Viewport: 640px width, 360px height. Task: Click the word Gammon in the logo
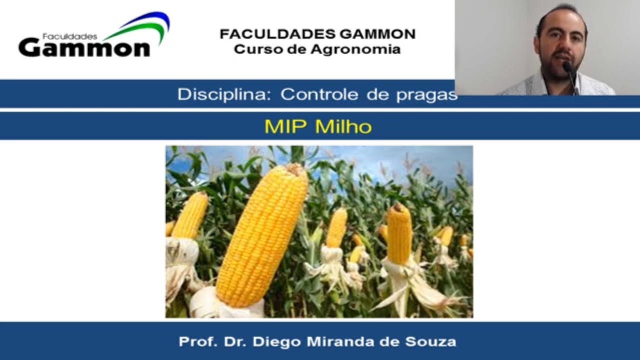coord(84,48)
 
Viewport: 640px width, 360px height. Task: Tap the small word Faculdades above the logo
coord(69,36)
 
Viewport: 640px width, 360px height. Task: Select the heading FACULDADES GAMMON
coord(317,34)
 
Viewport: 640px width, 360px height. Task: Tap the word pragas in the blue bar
coord(427,95)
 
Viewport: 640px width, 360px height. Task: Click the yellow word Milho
coord(344,126)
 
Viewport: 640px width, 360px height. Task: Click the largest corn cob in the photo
coord(262,235)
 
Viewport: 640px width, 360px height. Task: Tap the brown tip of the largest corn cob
coord(296,170)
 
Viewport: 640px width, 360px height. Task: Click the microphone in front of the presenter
coord(568,67)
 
